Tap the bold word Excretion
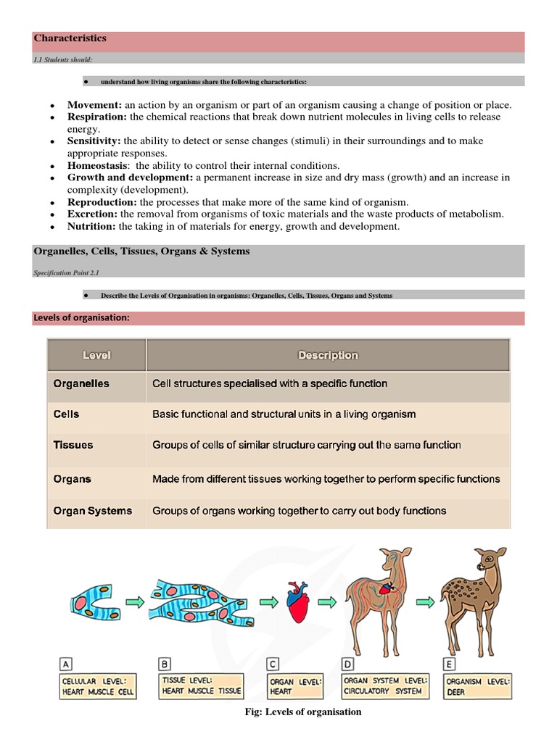pos(93,214)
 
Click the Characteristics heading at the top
pos(70,38)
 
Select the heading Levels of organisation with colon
pos(81,318)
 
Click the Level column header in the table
pos(96,355)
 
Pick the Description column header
pos(328,355)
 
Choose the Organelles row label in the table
pos(81,383)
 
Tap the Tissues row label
pos(73,445)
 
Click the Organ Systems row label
pos(93,511)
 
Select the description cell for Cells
pos(284,414)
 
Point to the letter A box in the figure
pos(67,664)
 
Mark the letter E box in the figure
pos(449,664)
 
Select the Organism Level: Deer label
pos(478,686)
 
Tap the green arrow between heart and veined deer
pos(329,601)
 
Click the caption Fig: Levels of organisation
pos(304,712)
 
